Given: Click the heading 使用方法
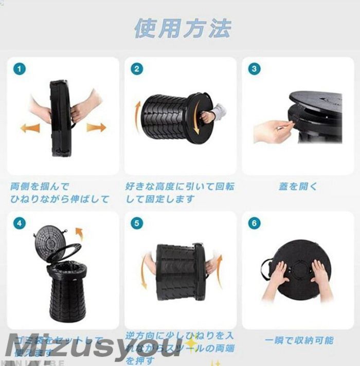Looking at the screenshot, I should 183,28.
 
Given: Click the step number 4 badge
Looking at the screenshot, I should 19,223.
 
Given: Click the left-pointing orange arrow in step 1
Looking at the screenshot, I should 30,128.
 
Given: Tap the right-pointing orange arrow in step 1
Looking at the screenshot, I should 96,127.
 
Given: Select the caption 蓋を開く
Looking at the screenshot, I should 298,186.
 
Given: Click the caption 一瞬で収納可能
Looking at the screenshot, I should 299,340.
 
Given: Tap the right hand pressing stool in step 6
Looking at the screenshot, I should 319,273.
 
